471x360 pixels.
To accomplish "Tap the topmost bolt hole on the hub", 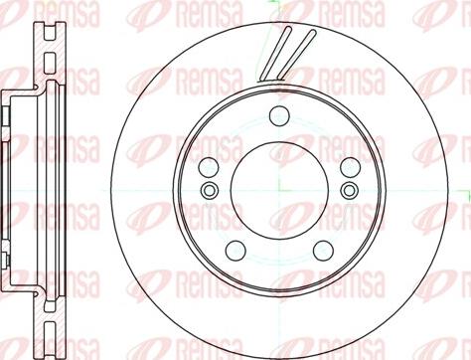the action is click(x=279, y=115).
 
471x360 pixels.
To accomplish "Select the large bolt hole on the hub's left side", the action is click(x=209, y=167).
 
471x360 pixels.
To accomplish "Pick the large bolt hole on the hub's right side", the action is click(x=351, y=167).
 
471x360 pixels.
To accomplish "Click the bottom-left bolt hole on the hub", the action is click(x=235, y=251).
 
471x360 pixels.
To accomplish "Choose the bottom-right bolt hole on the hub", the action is click(x=323, y=251).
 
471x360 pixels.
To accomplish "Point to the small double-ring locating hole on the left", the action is click(x=210, y=190).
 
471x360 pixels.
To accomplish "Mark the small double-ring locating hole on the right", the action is click(x=350, y=190).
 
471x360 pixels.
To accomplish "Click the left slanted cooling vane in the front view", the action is click(x=275, y=54).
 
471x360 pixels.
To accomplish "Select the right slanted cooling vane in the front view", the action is click(x=296, y=55).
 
